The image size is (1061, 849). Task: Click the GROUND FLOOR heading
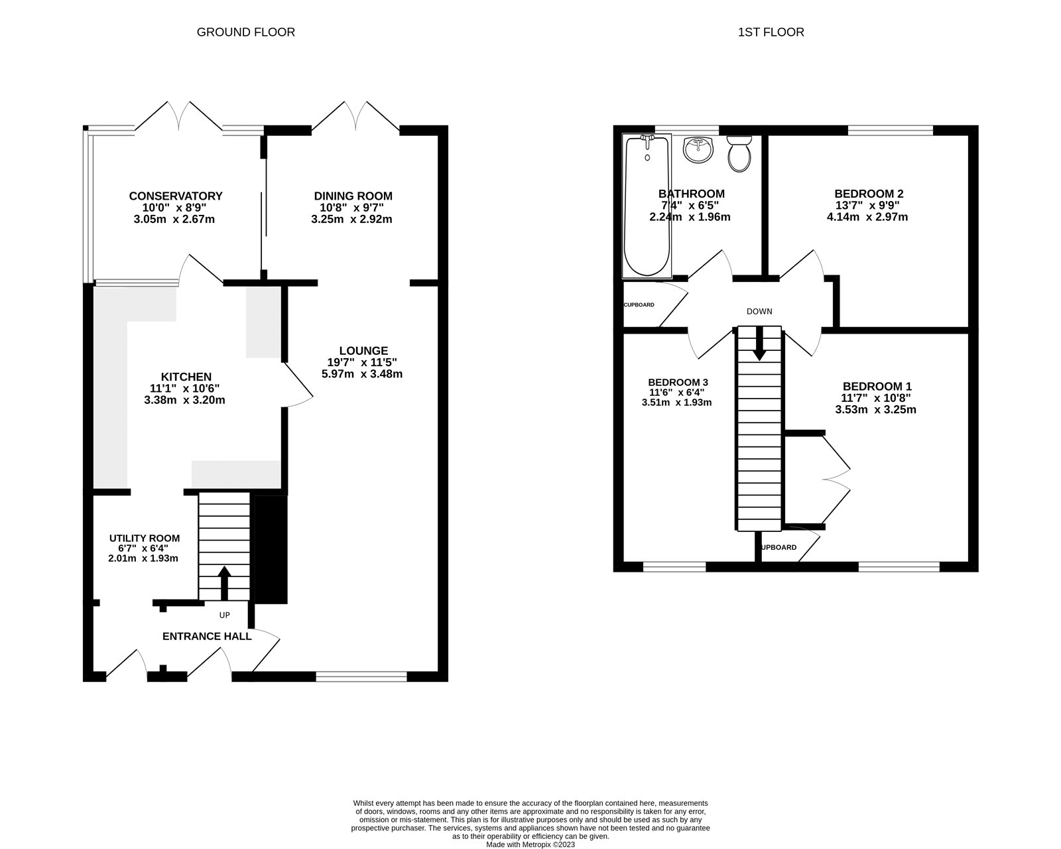(x=245, y=32)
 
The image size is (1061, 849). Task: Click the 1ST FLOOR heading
(x=771, y=32)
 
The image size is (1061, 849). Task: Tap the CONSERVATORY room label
(x=175, y=196)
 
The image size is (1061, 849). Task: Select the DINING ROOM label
(x=353, y=196)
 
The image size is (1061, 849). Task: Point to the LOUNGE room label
(x=363, y=351)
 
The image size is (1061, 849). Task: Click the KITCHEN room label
(x=186, y=377)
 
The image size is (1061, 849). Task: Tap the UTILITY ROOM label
(x=144, y=538)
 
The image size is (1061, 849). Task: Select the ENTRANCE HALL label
(x=207, y=636)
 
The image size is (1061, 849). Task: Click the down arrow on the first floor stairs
(x=760, y=345)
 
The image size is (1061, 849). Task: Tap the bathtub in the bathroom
(x=647, y=206)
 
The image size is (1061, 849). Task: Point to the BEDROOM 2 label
(x=869, y=194)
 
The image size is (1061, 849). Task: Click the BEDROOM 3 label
(x=678, y=382)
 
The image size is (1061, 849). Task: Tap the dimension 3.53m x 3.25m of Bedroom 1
(x=875, y=410)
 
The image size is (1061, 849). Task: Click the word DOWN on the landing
(x=759, y=311)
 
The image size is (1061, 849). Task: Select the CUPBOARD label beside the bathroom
(x=639, y=305)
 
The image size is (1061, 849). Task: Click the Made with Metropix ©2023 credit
(x=530, y=845)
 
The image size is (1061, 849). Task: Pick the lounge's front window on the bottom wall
(x=361, y=676)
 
